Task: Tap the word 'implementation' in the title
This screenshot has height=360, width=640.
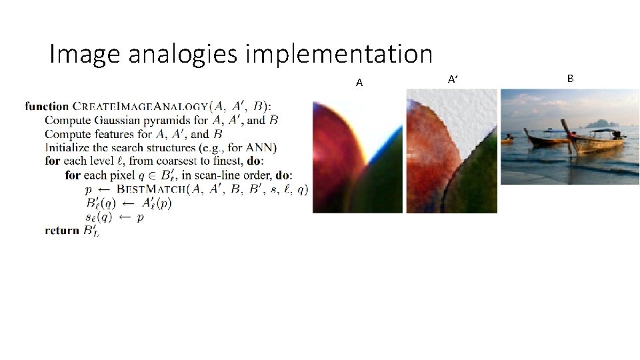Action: point(339,55)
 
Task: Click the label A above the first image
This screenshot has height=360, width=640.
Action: point(359,83)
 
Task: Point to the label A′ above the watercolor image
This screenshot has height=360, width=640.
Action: point(453,79)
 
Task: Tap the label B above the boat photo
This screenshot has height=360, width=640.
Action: point(570,79)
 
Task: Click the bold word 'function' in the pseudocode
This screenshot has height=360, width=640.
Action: point(47,106)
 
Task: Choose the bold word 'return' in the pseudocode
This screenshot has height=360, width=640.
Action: point(62,231)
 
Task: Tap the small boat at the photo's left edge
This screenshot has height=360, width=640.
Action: point(507,140)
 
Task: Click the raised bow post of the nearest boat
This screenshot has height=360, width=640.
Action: point(567,133)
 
